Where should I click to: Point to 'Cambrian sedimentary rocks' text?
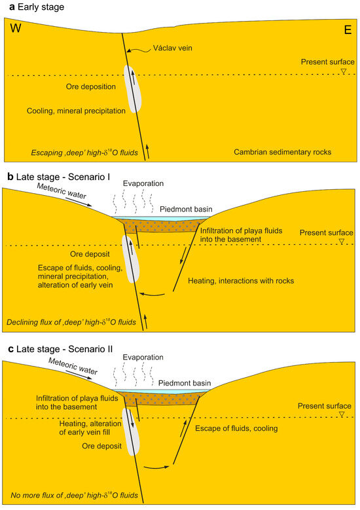282,152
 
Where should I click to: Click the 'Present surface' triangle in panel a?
343,71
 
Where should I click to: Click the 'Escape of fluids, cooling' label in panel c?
236,428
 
